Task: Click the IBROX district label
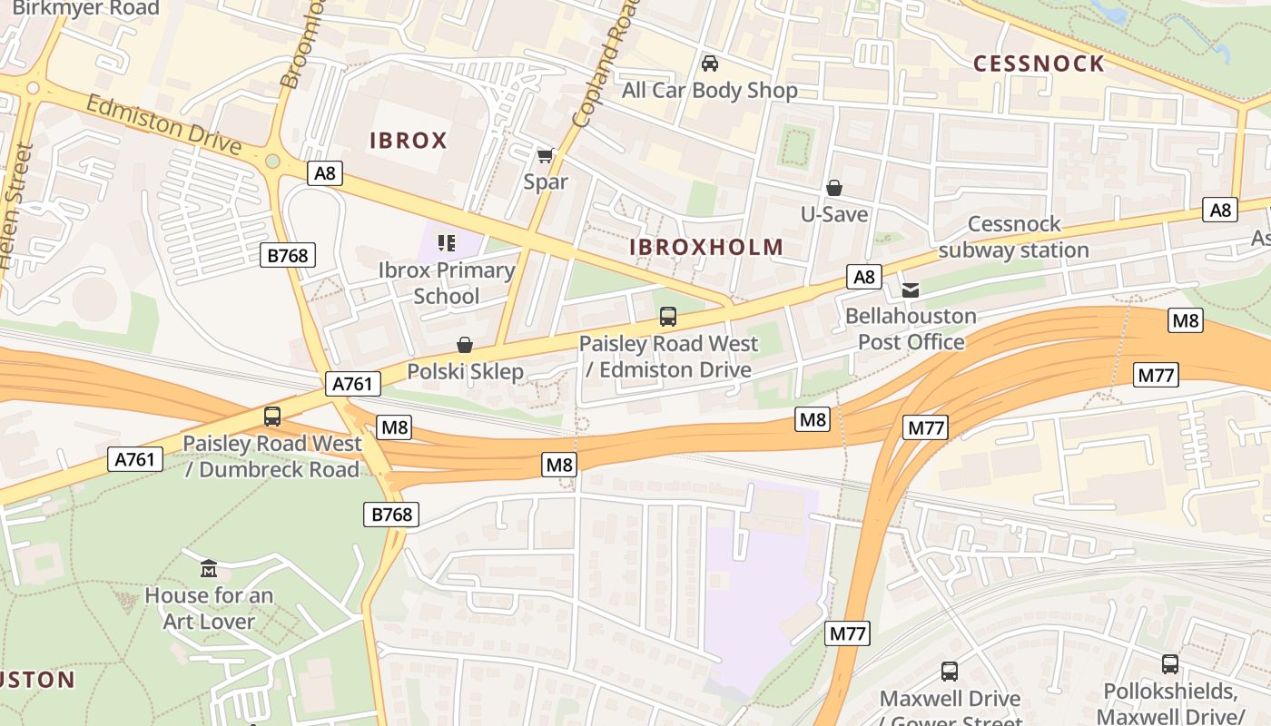point(408,141)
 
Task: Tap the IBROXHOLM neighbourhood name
point(706,247)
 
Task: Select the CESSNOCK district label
point(1039,64)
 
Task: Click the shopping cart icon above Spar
point(545,156)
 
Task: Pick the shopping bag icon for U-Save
point(833,188)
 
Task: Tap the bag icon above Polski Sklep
point(465,345)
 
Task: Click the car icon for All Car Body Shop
point(710,64)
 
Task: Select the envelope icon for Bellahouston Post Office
point(911,289)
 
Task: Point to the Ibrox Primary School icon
point(446,242)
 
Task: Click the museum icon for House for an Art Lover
point(209,569)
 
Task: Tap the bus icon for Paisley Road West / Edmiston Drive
point(668,317)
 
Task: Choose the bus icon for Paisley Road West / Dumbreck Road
point(271,417)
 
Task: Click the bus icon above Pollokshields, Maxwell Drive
point(1170,664)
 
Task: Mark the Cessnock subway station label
point(1013,237)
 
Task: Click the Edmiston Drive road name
point(163,125)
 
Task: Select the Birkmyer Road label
point(86,9)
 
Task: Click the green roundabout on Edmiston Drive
point(272,162)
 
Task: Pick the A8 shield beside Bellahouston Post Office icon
point(863,276)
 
